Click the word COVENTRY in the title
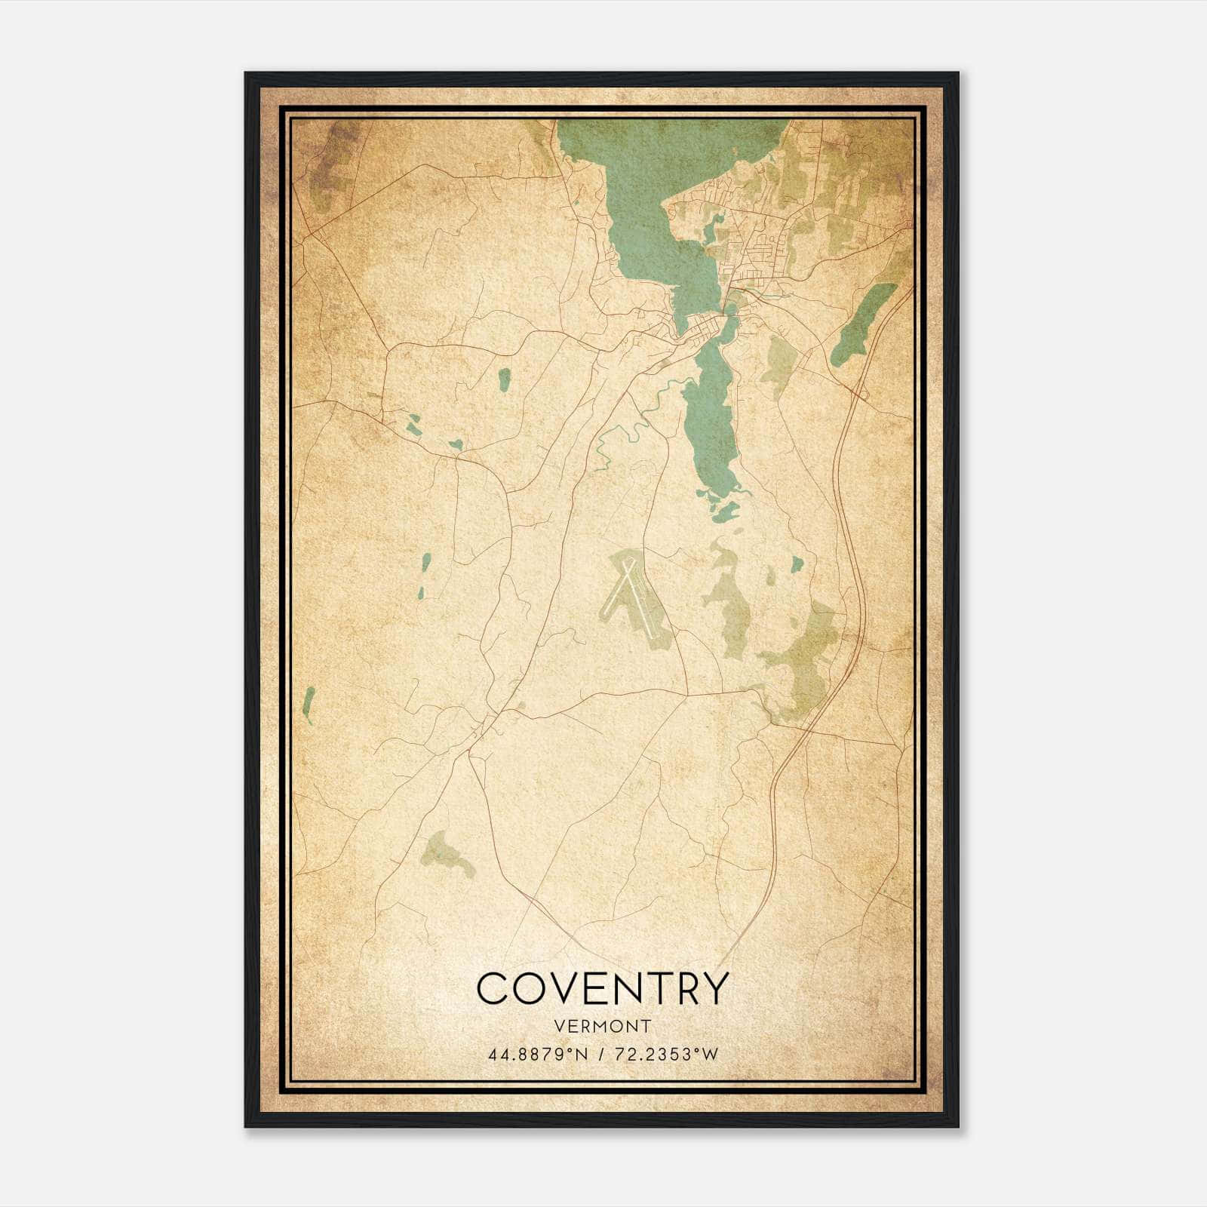click(x=603, y=988)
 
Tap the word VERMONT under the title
click(x=603, y=1026)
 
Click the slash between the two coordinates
click(x=601, y=1055)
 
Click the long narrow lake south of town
click(x=709, y=422)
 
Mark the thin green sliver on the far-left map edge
click(x=307, y=705)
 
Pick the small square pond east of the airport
click(x=796, y=564)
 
